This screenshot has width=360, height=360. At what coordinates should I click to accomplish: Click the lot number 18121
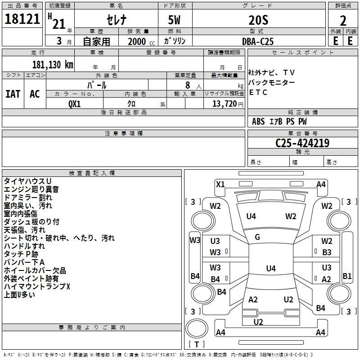[x=22, y=19]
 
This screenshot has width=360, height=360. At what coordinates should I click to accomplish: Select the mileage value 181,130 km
[x=53, y=65]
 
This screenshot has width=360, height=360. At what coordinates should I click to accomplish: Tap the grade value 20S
[x=258, y=20]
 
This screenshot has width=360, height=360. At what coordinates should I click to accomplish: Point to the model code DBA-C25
[x=258, y=41]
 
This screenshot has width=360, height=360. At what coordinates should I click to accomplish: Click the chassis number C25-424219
[x=302, y=143]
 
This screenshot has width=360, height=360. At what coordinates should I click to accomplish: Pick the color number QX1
[x=75, y=104]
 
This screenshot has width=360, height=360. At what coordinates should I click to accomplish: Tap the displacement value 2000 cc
[x=141, y=41]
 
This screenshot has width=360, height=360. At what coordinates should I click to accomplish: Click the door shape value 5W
[x=174, y=20]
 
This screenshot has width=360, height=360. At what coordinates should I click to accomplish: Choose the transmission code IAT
[x=13, y=94]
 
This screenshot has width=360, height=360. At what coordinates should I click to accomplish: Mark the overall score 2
[x=343, y=21]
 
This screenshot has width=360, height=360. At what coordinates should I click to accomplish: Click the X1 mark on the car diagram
[x=220, y=184]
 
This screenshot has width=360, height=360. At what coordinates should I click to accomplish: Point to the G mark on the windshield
[x=257, y=237]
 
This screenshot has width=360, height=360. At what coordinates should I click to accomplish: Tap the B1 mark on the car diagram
[x=347, y=276]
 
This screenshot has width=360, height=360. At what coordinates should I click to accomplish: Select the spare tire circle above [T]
[x=197, y=328]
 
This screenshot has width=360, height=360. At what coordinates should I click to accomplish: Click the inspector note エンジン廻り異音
[x=31, y=189]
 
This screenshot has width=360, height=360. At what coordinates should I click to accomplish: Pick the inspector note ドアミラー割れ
[x=28, y=198]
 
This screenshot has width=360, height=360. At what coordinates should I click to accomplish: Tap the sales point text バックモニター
[x=271, y=82]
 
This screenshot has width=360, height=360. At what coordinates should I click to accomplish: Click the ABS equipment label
[x=258, y=121]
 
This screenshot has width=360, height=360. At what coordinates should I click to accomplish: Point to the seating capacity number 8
[x=188, y=85]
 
